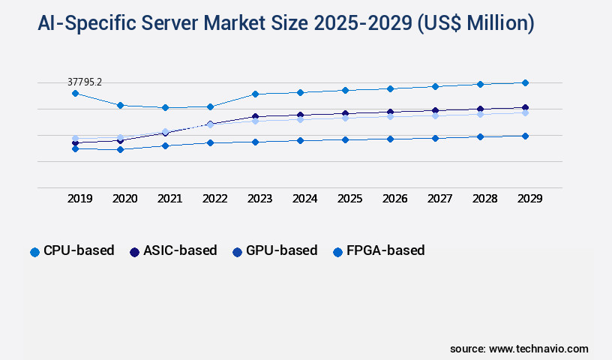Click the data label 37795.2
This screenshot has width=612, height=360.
[85, 81]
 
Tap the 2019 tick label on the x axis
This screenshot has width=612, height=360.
[79, 199]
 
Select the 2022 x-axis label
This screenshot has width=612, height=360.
[214, 199]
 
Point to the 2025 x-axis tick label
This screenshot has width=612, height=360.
[349, 199]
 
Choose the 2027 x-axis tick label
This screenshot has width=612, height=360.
[439, 199]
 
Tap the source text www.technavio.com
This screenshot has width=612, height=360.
[538, 349]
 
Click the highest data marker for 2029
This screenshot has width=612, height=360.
[525, 82]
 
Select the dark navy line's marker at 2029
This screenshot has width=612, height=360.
[525, 107]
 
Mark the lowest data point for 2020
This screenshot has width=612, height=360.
[120, 149]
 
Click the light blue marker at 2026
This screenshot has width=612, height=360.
[390, 116]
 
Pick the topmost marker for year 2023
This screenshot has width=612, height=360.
[255, 94]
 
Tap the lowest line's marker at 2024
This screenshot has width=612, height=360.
[300, 140]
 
